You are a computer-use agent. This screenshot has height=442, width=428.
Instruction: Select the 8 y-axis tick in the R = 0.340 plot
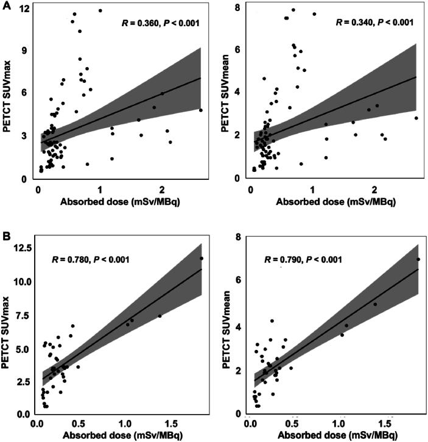click(242, 7)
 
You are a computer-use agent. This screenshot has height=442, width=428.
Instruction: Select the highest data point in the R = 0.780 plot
click(202, 258)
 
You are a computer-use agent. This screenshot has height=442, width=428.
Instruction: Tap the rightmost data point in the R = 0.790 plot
click(418, 260)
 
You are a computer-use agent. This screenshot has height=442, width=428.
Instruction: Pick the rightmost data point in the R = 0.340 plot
click(416, 118)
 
